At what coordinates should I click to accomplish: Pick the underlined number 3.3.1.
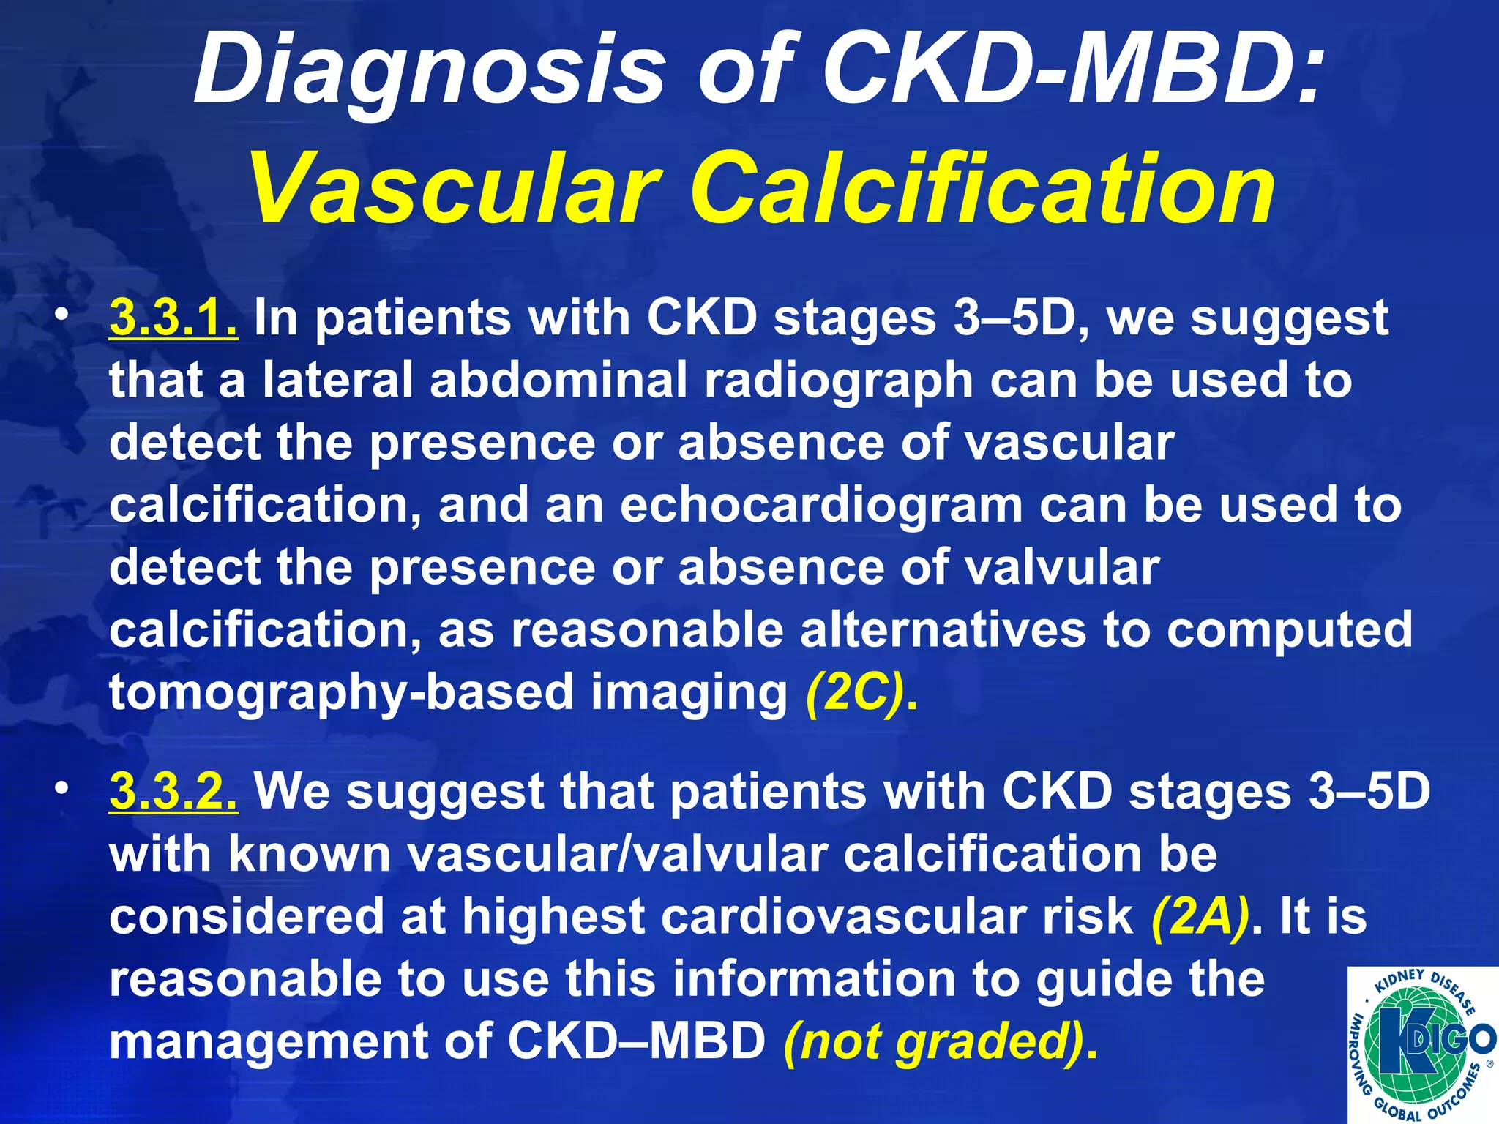(173, 318)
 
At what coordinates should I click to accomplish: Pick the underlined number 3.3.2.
(173, 792)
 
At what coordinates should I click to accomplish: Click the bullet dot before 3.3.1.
(64, 315)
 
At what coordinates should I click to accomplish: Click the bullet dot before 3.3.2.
(64, 788)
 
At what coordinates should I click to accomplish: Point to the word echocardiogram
(821, 506)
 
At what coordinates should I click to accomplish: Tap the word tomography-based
(341, 694)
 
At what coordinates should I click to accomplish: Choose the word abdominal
(558, 381)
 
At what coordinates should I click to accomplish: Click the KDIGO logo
(1422, 1044)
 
